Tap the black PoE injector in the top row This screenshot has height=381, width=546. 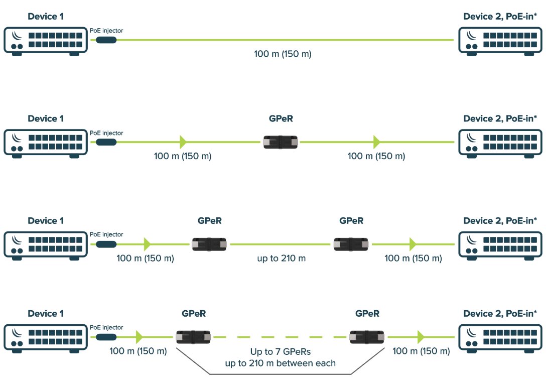click(106, 40)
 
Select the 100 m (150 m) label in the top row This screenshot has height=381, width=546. click(283, 54)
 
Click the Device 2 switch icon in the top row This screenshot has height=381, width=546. click(500, 41)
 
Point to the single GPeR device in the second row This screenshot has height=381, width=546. click(281, 142)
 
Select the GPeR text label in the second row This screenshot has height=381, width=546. click(281, 119)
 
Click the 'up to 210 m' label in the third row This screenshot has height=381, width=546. click(282, 259)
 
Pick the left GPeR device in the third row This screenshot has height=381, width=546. click(210, 244)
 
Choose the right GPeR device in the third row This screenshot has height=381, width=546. click(352, 244)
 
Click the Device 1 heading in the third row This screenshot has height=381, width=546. click(46, 221)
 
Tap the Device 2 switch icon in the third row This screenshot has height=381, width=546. click(500, 244)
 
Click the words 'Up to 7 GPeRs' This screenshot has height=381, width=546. click(279, 352)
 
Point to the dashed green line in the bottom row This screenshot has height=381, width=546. click(279, 337)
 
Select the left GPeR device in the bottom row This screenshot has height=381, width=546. click(194, 337)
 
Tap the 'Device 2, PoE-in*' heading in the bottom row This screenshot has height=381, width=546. click(500, 313)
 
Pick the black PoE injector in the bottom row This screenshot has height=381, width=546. click(106, 337)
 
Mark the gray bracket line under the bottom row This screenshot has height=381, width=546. click(279, 374)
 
